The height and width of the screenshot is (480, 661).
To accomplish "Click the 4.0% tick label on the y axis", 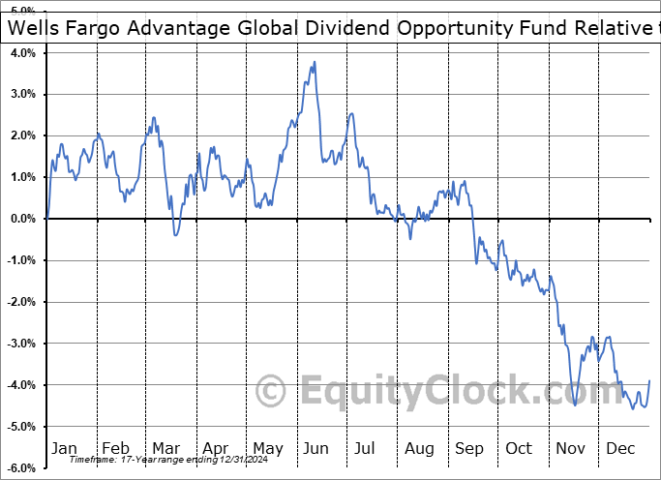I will [x=22, y=52].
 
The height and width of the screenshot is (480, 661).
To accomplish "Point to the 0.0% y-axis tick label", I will [x=22, y=219].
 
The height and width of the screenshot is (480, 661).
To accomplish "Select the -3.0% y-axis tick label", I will [x=20, y=344].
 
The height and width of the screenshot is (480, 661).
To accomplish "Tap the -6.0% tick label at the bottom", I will [x=20, y=468].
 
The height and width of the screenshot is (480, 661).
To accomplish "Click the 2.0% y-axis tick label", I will [x=22, y=135].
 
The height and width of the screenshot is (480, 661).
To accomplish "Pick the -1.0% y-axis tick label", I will [x=20, y=260].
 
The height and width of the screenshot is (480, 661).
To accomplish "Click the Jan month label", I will [x=64, y=448].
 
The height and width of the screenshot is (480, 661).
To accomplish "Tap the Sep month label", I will [x=469, y=448].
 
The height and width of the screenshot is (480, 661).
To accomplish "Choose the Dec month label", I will [x=620, y=448].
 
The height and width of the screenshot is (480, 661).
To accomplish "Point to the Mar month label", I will [x=165, y=448].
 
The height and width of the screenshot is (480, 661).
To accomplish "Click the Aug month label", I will [x=419, y=448].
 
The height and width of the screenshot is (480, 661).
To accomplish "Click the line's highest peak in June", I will [x=315, y=63].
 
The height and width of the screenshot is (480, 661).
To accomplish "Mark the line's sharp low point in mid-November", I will [x=575, y=405].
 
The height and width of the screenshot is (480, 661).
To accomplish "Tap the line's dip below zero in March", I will [x=175, y=235].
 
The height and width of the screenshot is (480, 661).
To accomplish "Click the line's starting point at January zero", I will [x=47, y=218].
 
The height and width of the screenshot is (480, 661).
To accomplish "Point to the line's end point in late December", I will [x=648, y=380].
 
